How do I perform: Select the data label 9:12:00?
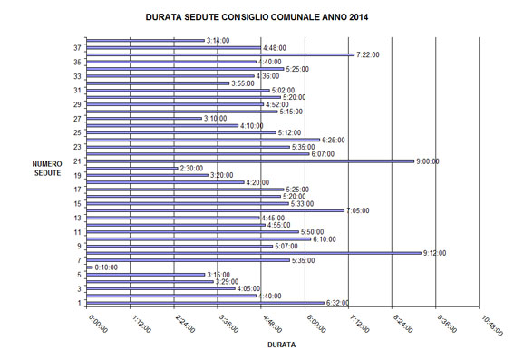pyautogui.click(x=434, y=253)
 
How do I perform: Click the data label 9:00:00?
pyautogui.click(x=428, y=161)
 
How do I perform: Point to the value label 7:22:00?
pyautogui.click(x=368, y=54)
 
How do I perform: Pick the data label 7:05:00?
pyautogui.click(x=358, y=210)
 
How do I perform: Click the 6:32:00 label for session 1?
pyautogui.click(x=337, y=303)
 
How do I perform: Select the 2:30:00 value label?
pyautogui.click(x=191, y=168)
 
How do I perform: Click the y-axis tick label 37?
pyautogui.click(x=78, y=47)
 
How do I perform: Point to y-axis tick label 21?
pyautogui.click(x=78, y=161)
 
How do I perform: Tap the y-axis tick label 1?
pyautogui.click(x=80, y=303)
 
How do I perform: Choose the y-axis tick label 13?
pyautogui.click(x=78, y=218)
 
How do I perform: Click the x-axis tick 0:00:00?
pyautogui.click(x=98, y=324)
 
